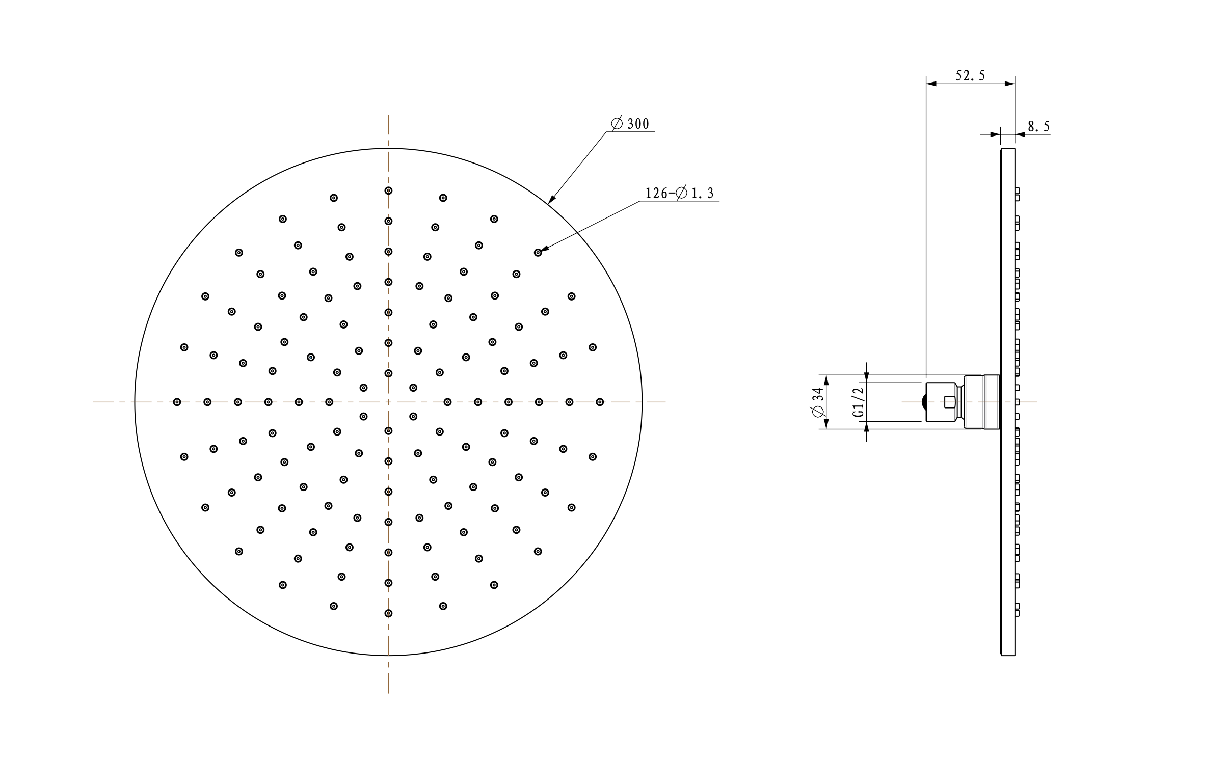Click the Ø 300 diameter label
click(630, 124)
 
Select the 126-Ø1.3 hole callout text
click(680, 193)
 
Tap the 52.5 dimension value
click(970, 76)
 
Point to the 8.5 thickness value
click(1038, 126)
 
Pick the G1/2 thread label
click(859, 402)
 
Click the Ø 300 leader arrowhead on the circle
click(551, 200)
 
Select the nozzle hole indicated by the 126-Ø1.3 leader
click(538, 253)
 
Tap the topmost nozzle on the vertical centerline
click(388, 190)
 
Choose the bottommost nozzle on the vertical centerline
click(388, 613)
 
